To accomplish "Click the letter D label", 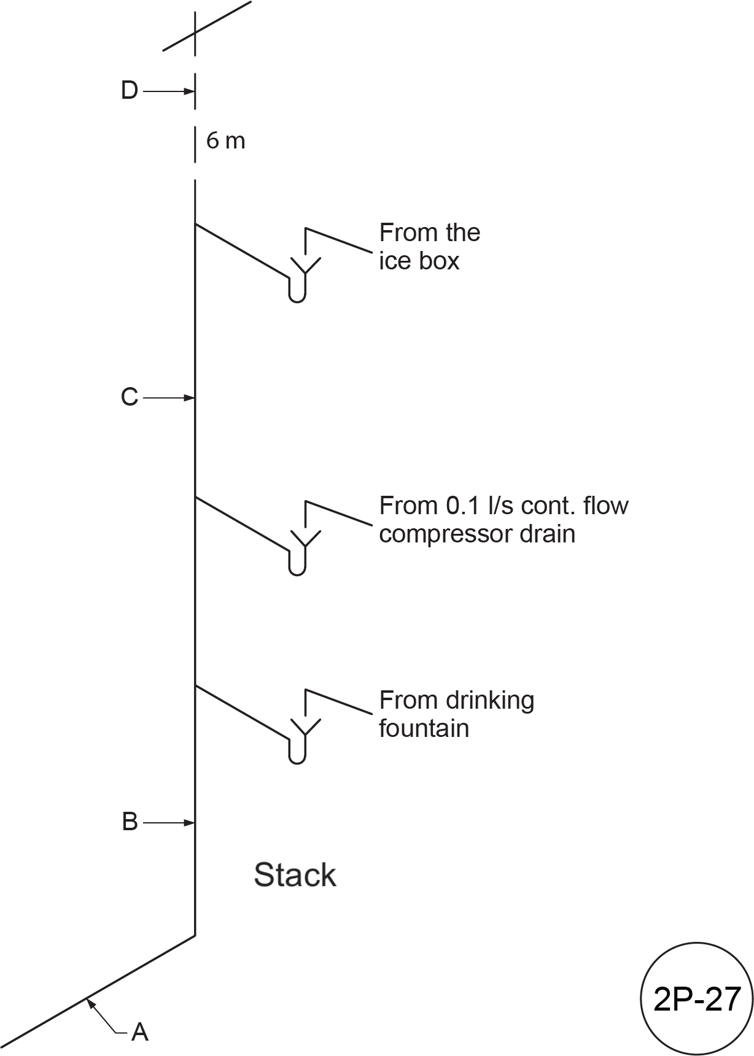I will [x=130, y=91].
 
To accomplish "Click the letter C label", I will [x=129, y=397].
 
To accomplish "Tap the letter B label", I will [x=130, y=822].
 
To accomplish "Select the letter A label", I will [x=140, y=1032].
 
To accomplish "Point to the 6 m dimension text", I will [x=225, y=141].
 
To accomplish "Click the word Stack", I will [x=295, y=875].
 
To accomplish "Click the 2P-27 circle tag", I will [x=697, y=998].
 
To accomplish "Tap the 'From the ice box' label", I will [x=429, y=247].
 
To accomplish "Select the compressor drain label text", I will [x=503, y=520].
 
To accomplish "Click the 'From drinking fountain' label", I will [x=456, y=714].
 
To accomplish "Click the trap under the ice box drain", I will [x=297, y=290].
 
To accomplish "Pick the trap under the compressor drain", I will [x=297, y=563].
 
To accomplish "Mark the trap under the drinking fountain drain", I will [x=297, y=751].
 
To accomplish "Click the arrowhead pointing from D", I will [x=190, y=91].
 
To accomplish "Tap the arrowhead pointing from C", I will [x=190, y=398].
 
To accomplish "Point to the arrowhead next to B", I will [x=190, y=822].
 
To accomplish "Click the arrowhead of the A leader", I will [x=90, y=1002].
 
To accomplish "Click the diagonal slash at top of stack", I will [x=207, y=26].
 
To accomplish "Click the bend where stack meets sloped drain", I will [x=195, y=935].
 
